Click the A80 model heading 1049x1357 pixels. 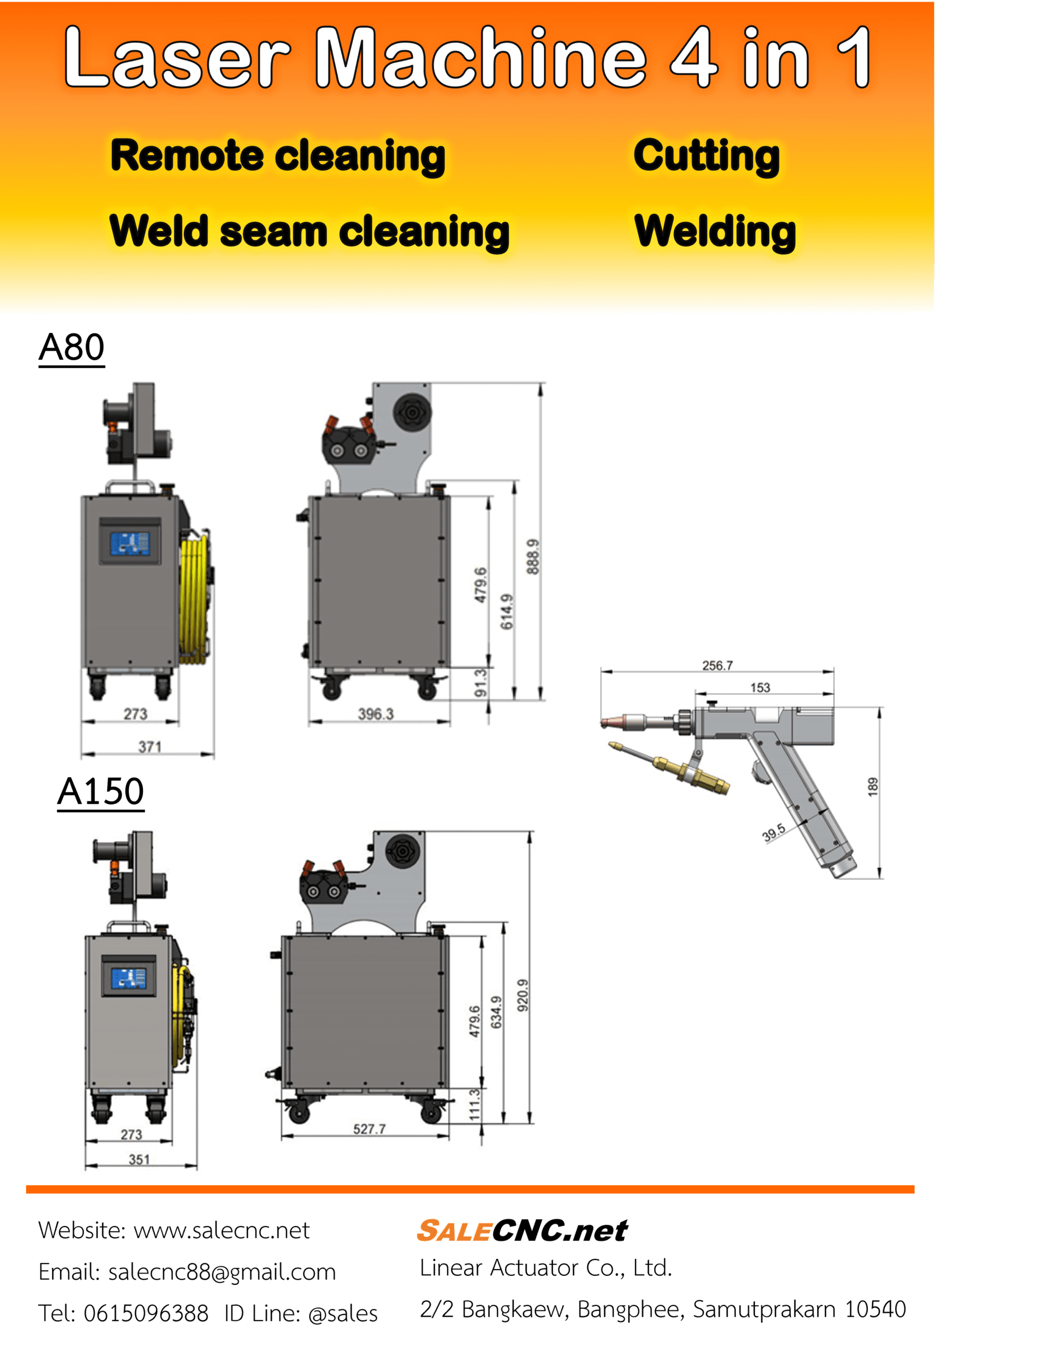pos(72,347)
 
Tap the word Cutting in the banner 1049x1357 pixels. pos(707,156)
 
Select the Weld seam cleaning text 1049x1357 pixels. pos(309,232)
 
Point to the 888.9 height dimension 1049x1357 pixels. pos(533,557)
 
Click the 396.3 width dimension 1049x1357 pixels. pos(375,714)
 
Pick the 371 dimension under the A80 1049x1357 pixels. pos(150,747)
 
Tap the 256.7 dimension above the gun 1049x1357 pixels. pos(717,665)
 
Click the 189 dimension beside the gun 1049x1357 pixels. pos(873,787)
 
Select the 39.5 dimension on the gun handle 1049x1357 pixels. pos(774,833)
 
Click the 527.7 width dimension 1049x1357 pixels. pos(369,1129)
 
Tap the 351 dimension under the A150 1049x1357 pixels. pos(139,1159)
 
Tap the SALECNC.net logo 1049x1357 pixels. pos(522,1231)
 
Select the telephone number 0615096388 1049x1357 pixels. pos(146,1314)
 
